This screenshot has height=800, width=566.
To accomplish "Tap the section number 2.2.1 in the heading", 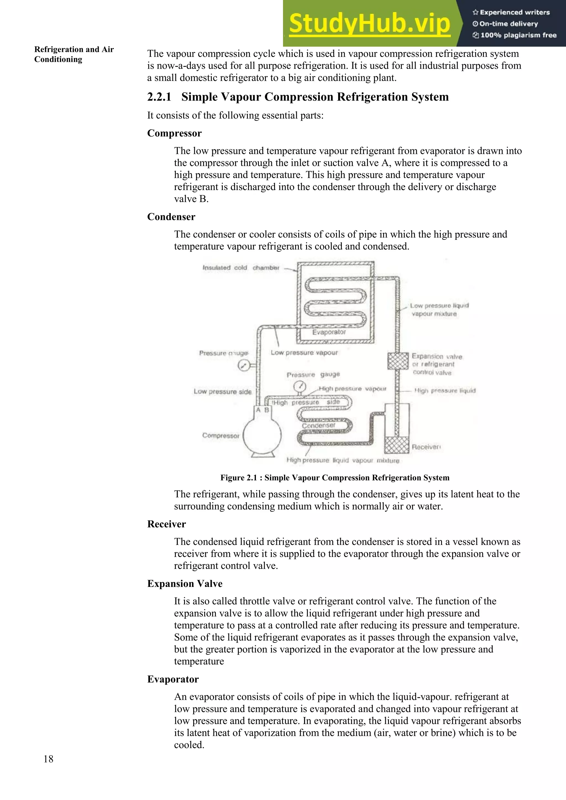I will pos(159,97).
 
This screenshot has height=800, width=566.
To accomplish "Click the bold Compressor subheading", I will pos(174,133).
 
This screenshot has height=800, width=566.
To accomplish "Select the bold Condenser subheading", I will pos(171,217).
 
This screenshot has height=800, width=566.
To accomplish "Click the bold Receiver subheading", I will pos(166,524).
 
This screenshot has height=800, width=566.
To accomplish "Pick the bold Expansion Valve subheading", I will pos(185,584).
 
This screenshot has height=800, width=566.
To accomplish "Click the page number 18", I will pos(48,759).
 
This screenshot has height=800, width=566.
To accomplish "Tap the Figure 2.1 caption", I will pos(335,478).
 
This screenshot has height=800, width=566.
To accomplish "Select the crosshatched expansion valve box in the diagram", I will pos(398,361).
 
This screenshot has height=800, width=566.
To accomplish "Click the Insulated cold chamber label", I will pos(241,267).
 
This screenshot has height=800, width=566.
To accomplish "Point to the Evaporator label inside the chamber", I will pos(329,332).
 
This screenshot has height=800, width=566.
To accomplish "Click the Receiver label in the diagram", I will pos(426,447).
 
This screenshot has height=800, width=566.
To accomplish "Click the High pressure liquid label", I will pos(445,390).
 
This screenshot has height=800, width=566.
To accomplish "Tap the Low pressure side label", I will pos(222,392).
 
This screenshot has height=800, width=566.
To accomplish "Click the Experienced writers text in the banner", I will pos(514,12).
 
